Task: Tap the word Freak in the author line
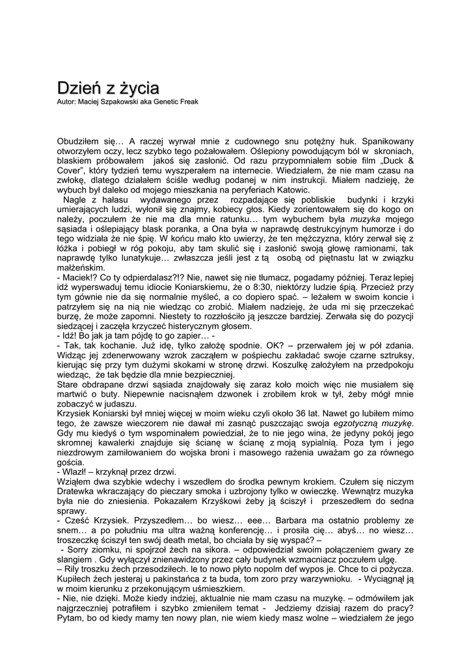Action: (187, 101)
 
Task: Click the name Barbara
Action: (299, 520)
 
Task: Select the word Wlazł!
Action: (77, 472)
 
